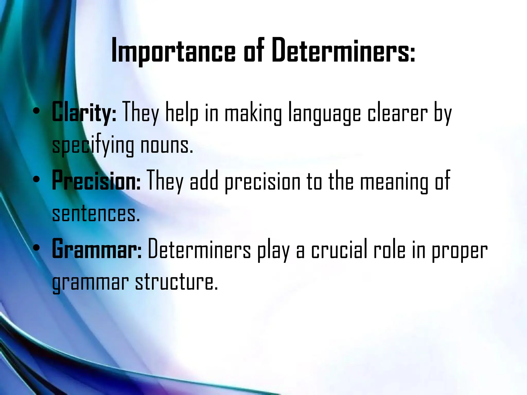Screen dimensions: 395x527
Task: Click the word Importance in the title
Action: coord(173,51)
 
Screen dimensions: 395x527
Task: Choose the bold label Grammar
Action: coord(97,249)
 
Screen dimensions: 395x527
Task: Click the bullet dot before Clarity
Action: coord(37,111)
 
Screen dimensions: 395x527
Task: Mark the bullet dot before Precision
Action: coord(37,179)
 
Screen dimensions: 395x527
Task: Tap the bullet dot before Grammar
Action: coord(37,248)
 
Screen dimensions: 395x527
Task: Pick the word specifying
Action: coord(93,146)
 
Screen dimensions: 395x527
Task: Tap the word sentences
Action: coord(96,214)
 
